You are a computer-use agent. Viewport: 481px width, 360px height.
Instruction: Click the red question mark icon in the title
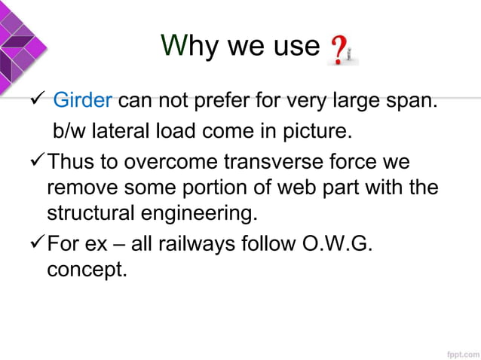340,50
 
